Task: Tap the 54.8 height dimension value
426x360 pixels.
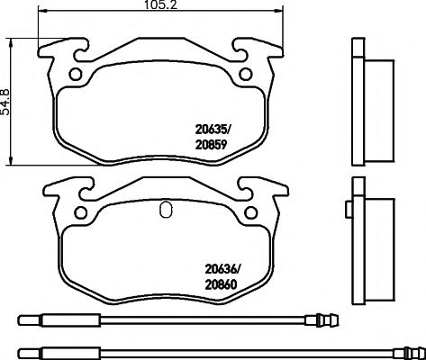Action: tap(7, 95)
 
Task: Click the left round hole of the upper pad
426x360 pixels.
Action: tap(77, 75)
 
